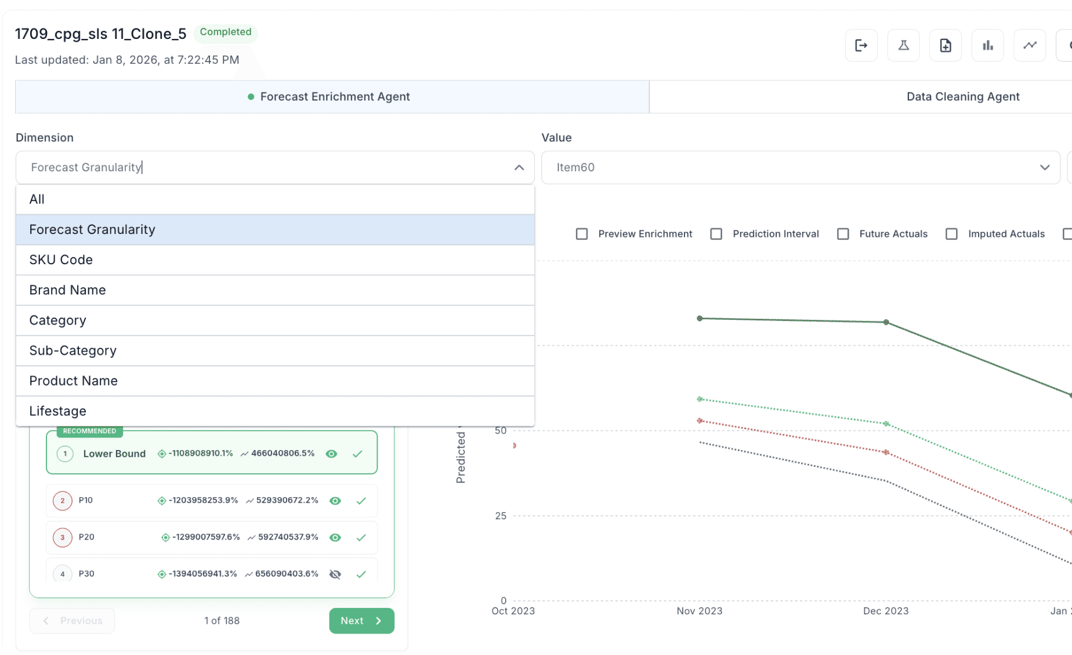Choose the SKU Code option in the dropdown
pyautogui.click(x=61, y=260)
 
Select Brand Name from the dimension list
pyautogui.click(x=67, y=290)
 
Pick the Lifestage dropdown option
pyautogui.click(x=57, y=411)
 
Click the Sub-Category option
pyautogui.click(x=73, y=351)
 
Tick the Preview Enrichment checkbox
pyautogui.click(x=582, y=234)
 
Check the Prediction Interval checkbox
pyautogui.click(x=716, y=234)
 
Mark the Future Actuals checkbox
pyautogui.click(x=843, y=234)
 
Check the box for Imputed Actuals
pyautogui.click(x=951, y=234)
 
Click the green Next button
pyautogui.click(x=361, y=621)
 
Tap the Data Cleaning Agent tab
pyautogui.click(x=963, y=96)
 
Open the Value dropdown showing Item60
pyautogui.click(x=801, y=167)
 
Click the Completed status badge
pyautogui.click(x=226, y=32)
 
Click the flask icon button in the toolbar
pyautogui.click(x=903, y=45)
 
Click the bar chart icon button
pyautogui.click(x=988, y=45)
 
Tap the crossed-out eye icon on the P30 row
pyautogui.click(x=335, y=574)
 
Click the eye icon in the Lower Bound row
pyautogui.click(x=331, y=454)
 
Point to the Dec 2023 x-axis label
pyautogui.click(x=886, y=611)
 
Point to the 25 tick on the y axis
pyautogui.click(x=501, y=516)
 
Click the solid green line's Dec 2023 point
pyautogui.click(x=886, y=322)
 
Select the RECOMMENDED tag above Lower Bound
pyautogui.click(x=89, y=431)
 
